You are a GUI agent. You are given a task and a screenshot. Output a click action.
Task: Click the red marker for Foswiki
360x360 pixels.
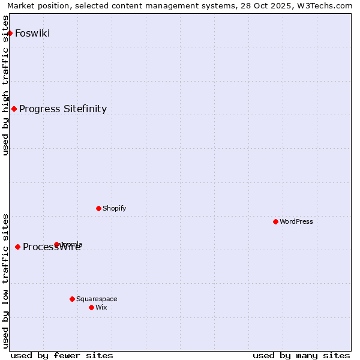10,33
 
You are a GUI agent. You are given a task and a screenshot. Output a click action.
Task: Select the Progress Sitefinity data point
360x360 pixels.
14,109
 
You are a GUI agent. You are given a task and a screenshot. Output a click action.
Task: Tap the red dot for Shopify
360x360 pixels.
98,208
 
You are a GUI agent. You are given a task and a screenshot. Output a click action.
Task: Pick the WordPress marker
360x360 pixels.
275,221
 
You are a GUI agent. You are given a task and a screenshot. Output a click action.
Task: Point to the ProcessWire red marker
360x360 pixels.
17,247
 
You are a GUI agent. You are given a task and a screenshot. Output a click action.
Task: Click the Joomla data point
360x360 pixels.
56,244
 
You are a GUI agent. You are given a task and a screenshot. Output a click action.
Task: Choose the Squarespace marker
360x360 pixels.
72,299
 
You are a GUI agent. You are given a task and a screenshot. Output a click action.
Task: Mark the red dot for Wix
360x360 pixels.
91,307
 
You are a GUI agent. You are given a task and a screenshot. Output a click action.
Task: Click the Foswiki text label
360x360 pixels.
32,33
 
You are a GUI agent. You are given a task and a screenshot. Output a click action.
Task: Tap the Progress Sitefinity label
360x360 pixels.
63,109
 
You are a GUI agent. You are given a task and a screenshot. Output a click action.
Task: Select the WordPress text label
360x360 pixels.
296,221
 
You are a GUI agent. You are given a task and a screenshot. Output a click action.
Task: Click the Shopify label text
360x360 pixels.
115,208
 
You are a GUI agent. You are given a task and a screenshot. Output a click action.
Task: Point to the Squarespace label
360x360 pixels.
97,299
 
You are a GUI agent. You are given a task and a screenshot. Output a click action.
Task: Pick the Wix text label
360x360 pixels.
101,307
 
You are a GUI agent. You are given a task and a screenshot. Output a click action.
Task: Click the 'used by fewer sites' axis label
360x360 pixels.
62,355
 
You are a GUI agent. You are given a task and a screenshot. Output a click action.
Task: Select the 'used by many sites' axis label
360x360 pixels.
301,355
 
